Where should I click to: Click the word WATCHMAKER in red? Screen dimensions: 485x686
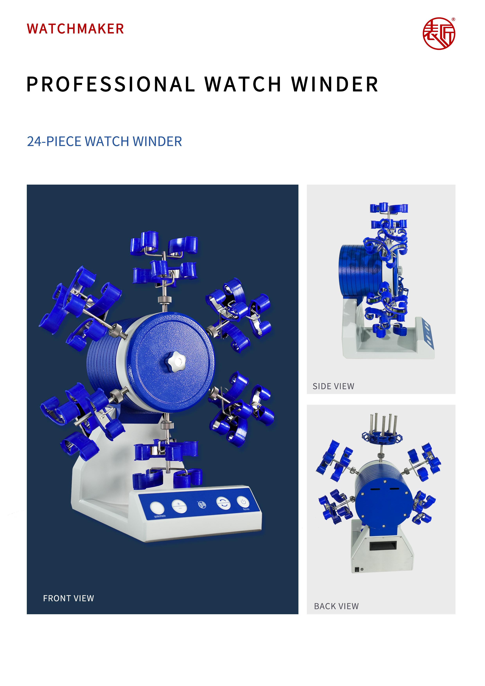[x=75, y=29]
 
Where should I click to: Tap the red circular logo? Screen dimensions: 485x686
[x=439, y=33]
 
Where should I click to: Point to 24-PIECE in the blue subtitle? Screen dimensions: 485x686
[x=54, y=141]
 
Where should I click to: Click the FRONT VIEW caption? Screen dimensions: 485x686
[x=68, y=598]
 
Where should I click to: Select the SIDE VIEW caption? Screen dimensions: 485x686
[x=333, y=386]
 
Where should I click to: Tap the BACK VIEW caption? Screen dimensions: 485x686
[x=336, y=606]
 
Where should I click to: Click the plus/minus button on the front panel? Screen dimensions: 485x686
[x=179, y=506]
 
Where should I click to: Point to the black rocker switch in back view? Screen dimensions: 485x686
[x=357, y=569]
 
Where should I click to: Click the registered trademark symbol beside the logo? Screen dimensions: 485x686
[x=453, y=19]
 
